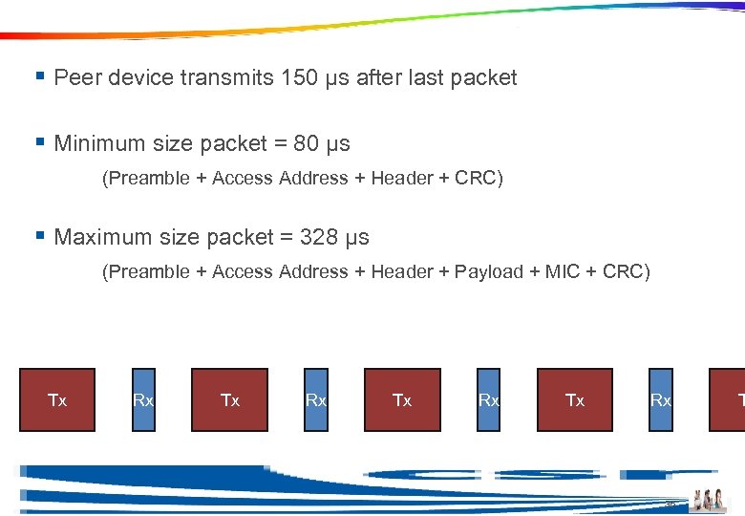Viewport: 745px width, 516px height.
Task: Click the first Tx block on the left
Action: pyautogui.click(x=58, y=399)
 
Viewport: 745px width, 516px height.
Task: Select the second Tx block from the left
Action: pyautogui.click(x=230, y=399)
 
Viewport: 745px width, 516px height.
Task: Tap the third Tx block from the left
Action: pyautogui.click(x=402, y=399)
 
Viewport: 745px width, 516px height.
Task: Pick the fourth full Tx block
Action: pyautogui.click(x=575, y=399)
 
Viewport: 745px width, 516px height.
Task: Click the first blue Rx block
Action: pyautogui.click(x=143, y=399)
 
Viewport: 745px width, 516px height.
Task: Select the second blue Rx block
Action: pyautogui.click(x=315, y=399)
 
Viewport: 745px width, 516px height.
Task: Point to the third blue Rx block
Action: pyautogui.click(x=488, y=399)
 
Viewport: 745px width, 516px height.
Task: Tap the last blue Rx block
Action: pyautogui.click(x=660, y=399)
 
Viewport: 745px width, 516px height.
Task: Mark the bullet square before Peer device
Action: pyautogui.click(x=40, y=75)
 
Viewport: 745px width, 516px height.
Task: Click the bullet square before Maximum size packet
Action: pyautogui.click(x=40, y=235)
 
